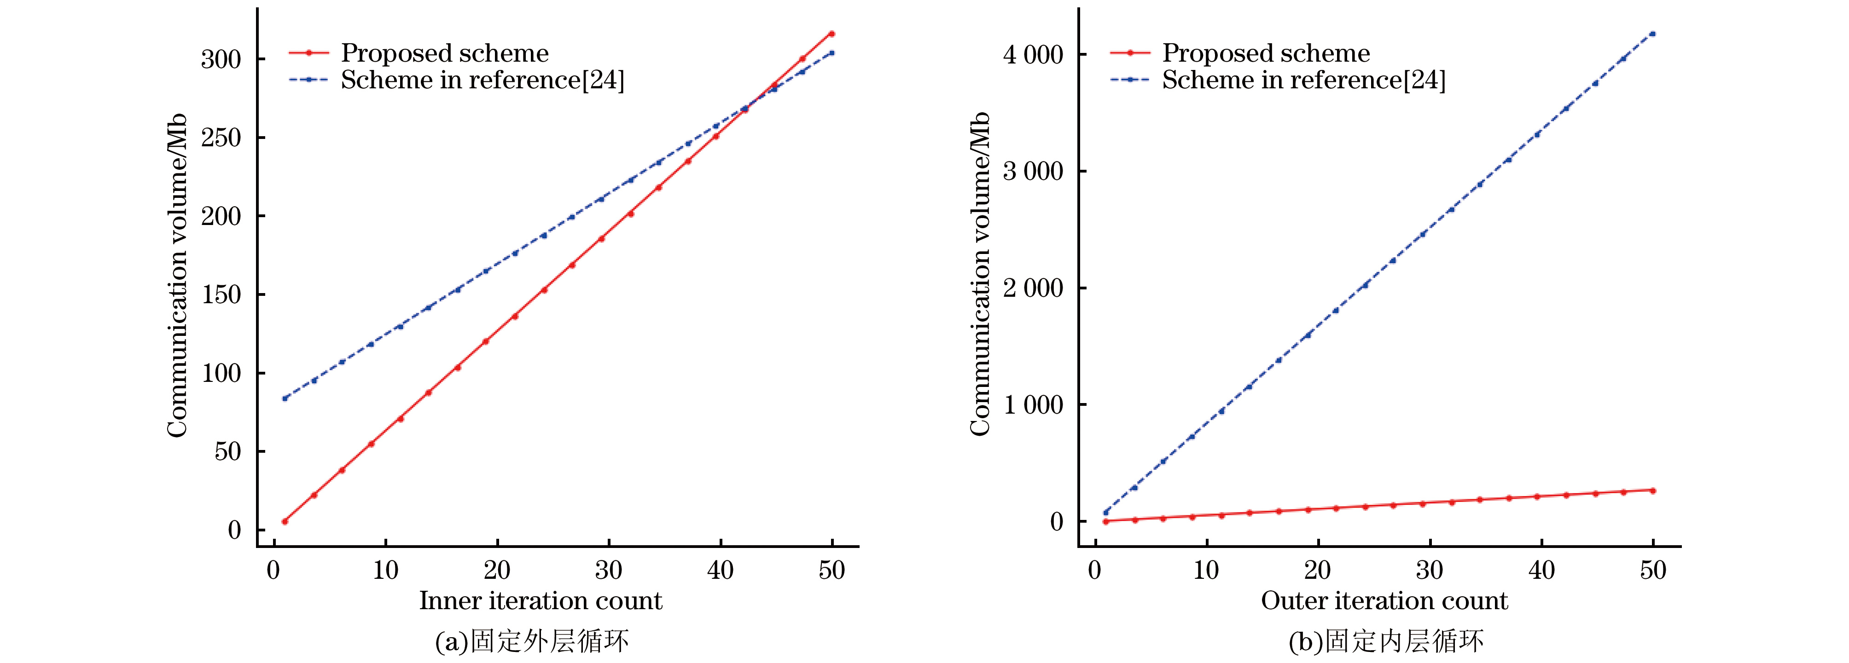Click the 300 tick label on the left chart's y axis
point(221,59)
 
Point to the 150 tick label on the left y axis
point(221,294)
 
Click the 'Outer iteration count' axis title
point(1384,600)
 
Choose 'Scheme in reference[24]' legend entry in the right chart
point(1303,80)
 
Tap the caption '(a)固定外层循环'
point(532,641)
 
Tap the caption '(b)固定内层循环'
point(1386,641)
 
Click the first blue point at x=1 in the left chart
point(285,398)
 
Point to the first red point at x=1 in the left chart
point(285,522)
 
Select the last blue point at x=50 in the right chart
point(1653,34)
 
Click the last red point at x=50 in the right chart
point(1653,491)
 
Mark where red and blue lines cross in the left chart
point(751,104)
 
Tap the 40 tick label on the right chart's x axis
point(1541,571)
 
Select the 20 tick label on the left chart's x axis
point(497,571)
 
